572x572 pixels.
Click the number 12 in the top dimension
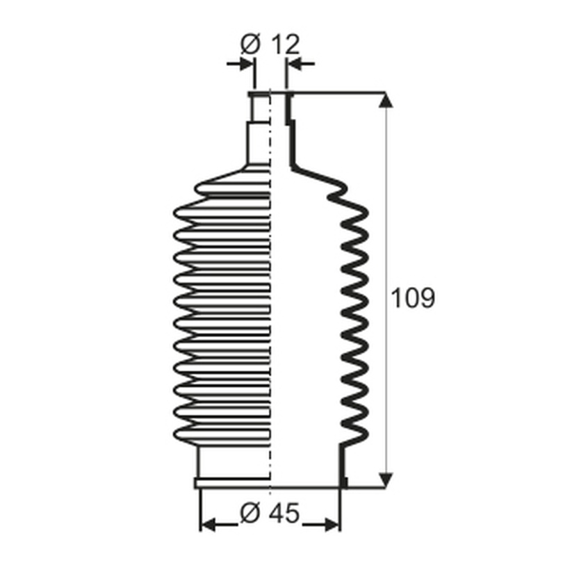coord(286,44)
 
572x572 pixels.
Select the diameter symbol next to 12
coord(251,44)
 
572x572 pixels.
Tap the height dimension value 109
coord(413,297)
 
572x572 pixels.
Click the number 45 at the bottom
coord(284,512)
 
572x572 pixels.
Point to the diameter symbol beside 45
coord(250,513)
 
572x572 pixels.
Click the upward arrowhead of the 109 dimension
coord(386,100)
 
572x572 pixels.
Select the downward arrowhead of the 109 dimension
coord(386,480)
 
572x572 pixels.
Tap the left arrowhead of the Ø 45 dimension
coord(208,525)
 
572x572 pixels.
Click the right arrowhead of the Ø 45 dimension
coord(332,525)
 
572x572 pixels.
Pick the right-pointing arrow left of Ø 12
coord(240,64)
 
